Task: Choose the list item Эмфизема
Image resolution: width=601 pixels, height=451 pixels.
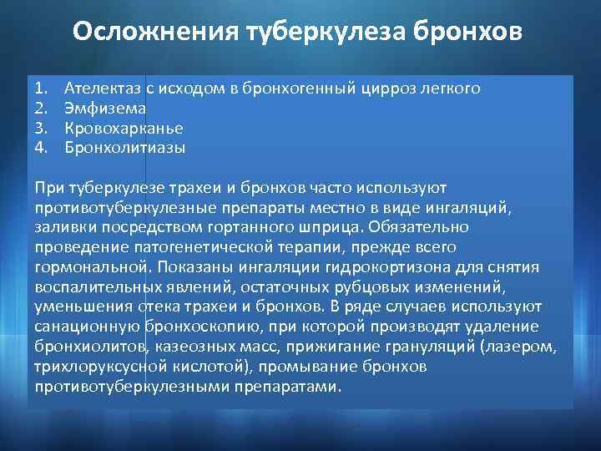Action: (x=106, y=108)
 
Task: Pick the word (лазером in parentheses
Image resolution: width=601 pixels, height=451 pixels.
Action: (x=527, y=347)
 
